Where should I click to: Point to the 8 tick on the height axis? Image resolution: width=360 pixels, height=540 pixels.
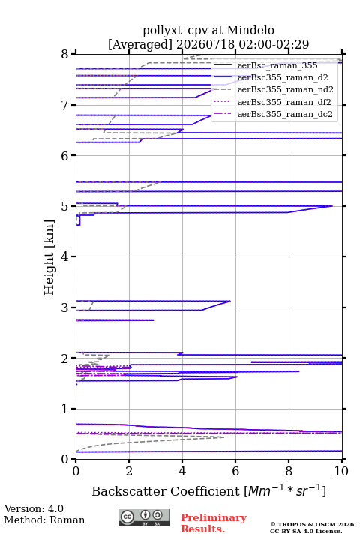tap(65, 54)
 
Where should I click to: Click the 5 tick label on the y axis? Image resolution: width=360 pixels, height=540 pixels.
tap(65, 206)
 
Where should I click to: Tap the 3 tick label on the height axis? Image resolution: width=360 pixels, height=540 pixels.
tap(65, 307)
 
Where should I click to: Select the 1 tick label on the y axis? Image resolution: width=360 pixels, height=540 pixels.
tap(65, 409)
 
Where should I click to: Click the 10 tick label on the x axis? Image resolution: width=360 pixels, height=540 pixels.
tap(341, 471)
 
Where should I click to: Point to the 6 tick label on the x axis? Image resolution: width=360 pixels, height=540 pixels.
tap(235, 471)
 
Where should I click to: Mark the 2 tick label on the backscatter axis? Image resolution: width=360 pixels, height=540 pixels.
tap(129, 471)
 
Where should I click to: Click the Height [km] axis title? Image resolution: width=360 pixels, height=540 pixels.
tap(49, 257)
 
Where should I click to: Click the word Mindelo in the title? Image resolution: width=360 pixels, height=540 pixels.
tap(250, 30)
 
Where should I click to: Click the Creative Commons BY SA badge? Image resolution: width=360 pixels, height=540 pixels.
tap(144, 517)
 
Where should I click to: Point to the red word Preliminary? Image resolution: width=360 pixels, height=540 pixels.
tap(214, 517)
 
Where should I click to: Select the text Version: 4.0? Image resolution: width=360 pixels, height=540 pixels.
tap(34, 508)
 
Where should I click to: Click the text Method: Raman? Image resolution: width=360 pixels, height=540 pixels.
tap(44, 520)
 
